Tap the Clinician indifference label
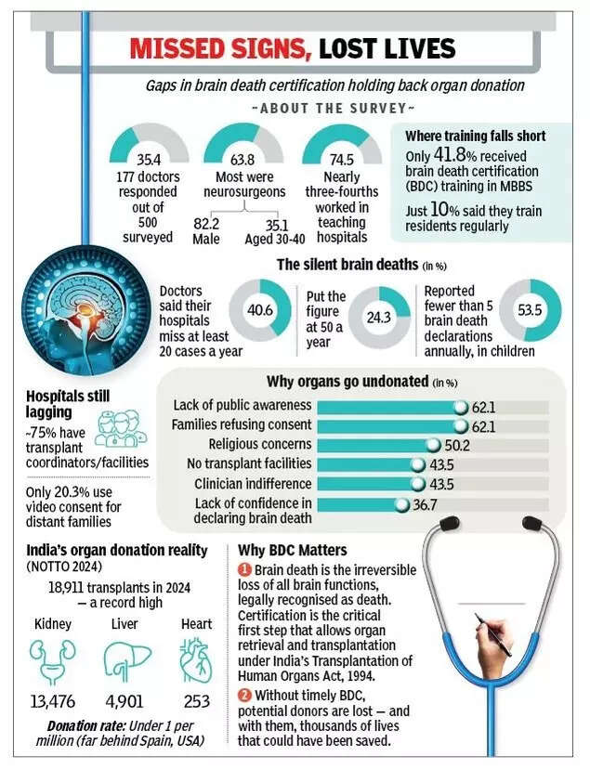click(x=252, y=484)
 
